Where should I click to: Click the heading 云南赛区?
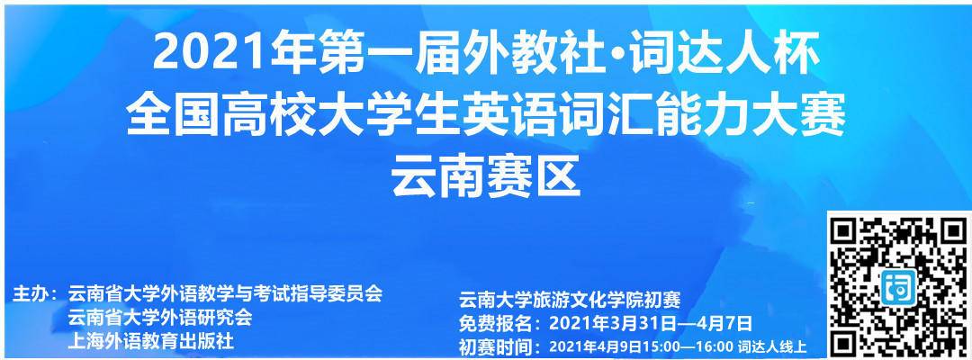point(485,175)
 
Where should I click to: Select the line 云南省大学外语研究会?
point(160,317)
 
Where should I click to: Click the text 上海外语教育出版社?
point(151,340)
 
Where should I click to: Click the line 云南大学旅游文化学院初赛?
point(570,300)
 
